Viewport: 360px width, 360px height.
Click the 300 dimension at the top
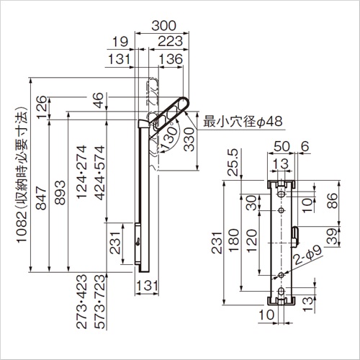(164, 26)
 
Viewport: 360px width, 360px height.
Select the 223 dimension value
(171, 42)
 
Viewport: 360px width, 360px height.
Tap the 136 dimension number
(171, 59)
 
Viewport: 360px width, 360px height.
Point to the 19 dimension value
(120, 42)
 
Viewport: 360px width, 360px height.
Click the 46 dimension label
(98, 100)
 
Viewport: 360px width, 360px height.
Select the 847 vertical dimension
(40, 198)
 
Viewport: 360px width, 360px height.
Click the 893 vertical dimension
(60, 192)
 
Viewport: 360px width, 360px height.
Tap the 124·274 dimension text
(81, 172)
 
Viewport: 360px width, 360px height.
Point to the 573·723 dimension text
(100, 302)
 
